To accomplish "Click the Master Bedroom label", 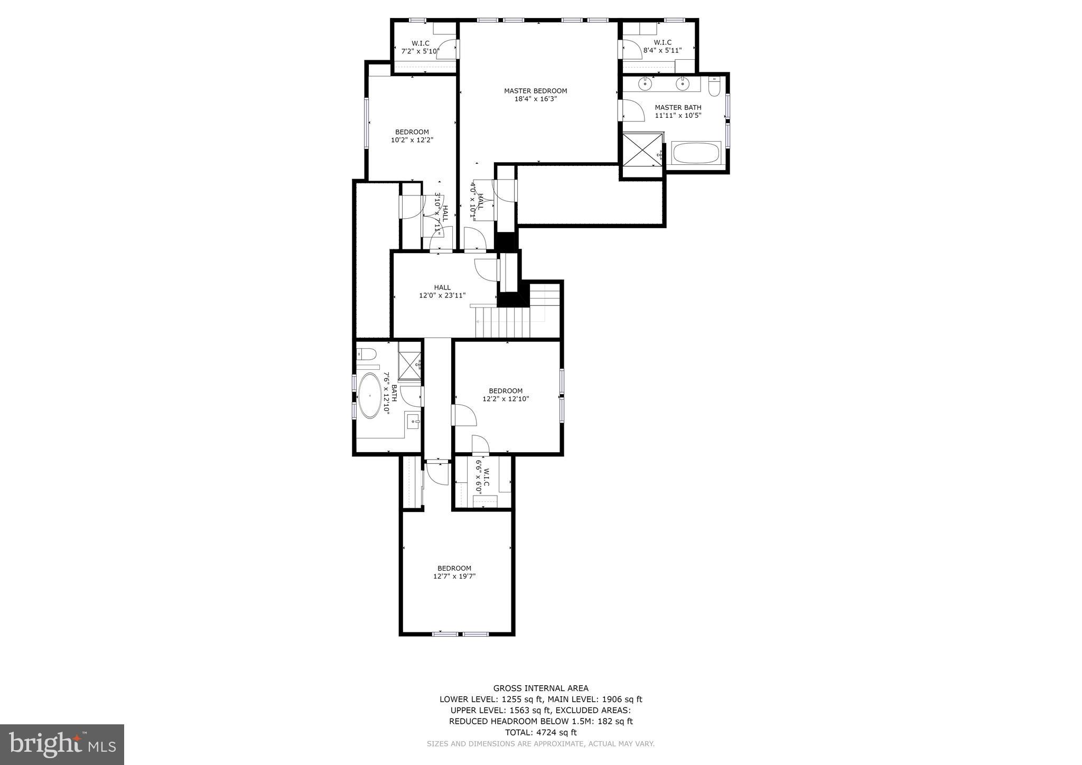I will (535, 91).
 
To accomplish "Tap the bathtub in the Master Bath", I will (696, 153).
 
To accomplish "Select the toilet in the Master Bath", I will (714, 87).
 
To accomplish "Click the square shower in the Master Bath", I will (642, 148).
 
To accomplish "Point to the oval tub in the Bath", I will (370, 396).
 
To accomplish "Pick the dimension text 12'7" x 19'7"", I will (454, 576).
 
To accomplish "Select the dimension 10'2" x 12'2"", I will (412, 140).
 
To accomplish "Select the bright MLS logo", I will (62, 744).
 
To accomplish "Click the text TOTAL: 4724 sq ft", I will (540, 732).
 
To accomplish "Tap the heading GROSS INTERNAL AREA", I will (540, 688).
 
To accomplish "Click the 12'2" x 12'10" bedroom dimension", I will (506, 399).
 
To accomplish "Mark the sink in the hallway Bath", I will (413, 421).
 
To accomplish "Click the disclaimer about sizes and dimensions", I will (540, 744).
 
